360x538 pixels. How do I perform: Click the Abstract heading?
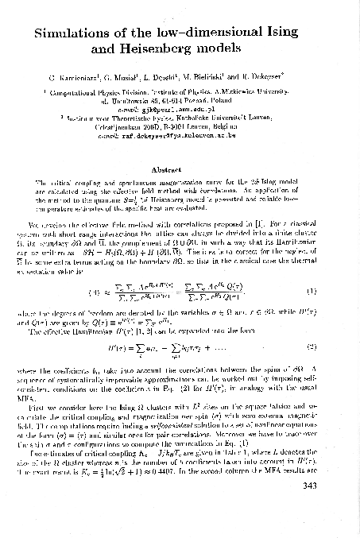(x=180, y=168)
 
